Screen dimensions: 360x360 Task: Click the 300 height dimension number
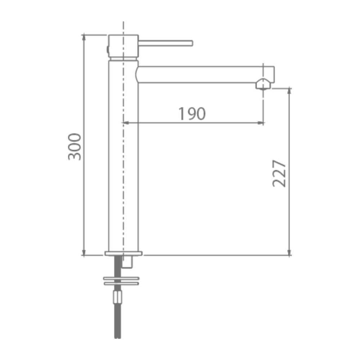click(x=75, y=147)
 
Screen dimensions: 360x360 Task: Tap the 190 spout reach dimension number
click(x=192, y=113)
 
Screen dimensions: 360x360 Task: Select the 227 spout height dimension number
click(x=279, y=174)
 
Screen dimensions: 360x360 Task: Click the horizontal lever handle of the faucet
click(x=165, y=43)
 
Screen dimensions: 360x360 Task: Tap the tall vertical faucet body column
click(x=123, y=156)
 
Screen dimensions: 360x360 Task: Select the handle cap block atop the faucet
click(x=123, y=46)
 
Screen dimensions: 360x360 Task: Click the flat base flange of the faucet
click(x=123, y=253)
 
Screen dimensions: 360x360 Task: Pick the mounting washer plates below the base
click(x=121, y=281)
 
